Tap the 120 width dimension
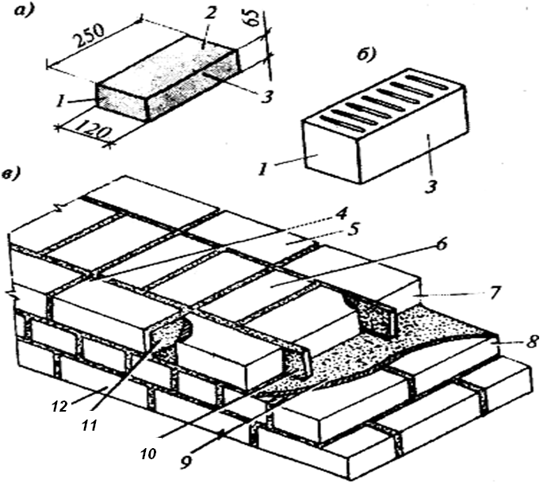click(94, 129)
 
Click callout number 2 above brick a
click(209, 13)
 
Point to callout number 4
click(341, 214)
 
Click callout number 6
click(441, 245)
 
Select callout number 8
click(532, 342)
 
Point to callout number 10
click(148, 454)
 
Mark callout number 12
click(59, 407)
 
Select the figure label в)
click(12, 174)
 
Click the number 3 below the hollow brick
click(430, 186)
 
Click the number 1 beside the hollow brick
click(263, 170)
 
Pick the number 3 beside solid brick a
click(267, 96)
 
